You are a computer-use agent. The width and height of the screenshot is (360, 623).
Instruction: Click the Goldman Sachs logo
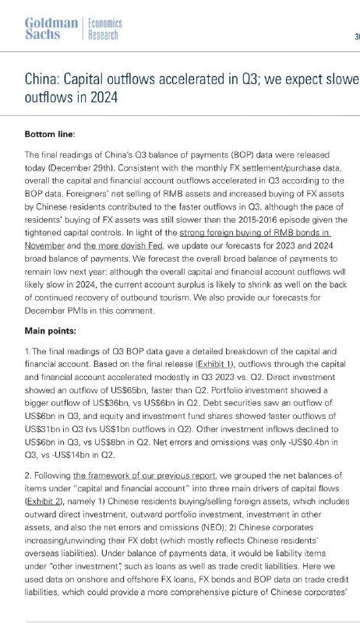[x=51, y=30]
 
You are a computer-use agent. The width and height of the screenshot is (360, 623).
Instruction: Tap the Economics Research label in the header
[x=103, y=30]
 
